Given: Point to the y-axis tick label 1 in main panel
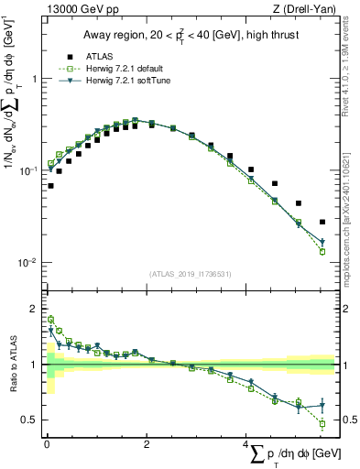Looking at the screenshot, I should (36, 79).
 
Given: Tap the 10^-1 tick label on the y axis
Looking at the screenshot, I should (30, 170).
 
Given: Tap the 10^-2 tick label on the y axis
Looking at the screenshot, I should (30, 262).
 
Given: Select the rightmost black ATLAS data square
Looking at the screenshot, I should (322, 222).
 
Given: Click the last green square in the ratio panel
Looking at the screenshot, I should (322, 423).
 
